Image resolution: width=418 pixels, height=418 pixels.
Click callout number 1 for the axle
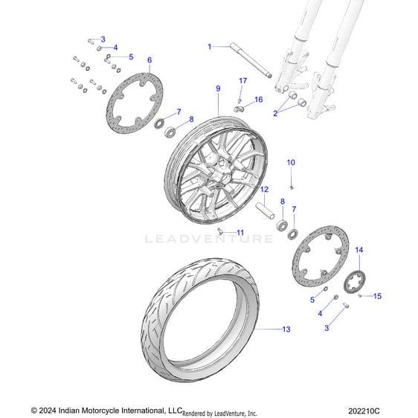210,47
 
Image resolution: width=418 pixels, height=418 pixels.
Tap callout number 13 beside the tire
286,329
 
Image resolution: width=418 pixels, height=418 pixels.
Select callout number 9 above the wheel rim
218,89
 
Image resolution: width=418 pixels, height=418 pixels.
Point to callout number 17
243,80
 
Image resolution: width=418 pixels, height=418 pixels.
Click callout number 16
259,100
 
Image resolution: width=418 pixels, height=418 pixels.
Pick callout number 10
291,162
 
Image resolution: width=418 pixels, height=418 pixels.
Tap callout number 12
264,190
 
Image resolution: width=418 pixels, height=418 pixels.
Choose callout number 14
359,250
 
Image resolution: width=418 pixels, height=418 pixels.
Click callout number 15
377,296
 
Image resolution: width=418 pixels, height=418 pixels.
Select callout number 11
240,233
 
